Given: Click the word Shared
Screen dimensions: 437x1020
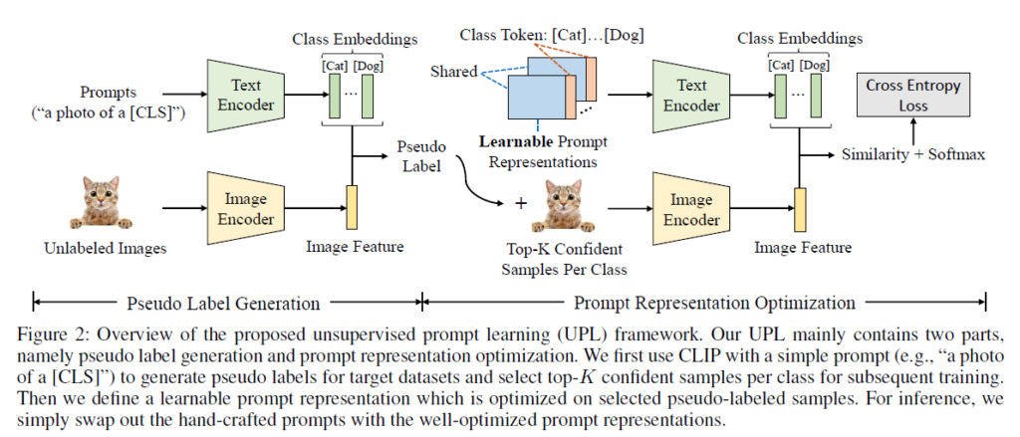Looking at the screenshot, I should coord(454,72).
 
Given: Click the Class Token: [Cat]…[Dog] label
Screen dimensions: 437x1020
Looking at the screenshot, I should coord(539,36).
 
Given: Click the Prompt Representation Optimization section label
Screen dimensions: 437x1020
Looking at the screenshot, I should coord(707,302).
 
